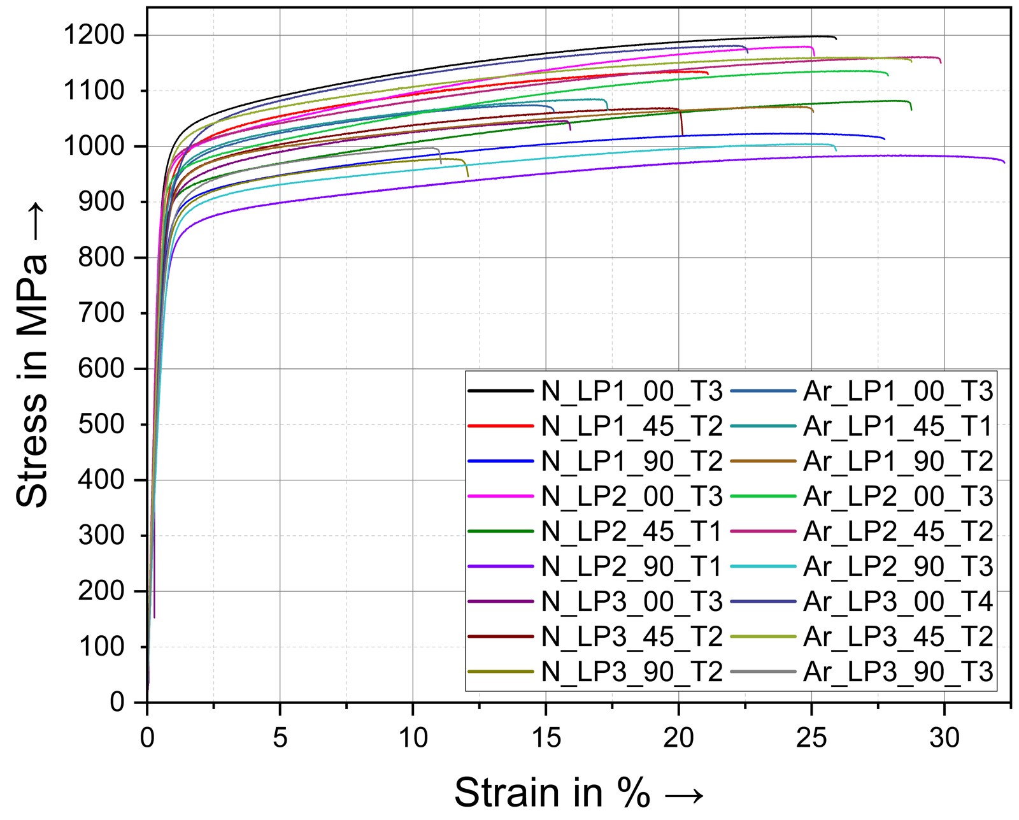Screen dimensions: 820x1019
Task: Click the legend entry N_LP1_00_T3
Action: (x=632, y=391)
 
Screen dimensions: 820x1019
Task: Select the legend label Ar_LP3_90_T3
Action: (x=898, y=672)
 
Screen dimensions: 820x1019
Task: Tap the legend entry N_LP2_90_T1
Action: (x=632, y=566)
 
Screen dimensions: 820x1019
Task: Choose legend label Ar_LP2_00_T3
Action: (x=898, y=496)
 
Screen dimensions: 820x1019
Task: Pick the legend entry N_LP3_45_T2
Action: (x=632, y=637)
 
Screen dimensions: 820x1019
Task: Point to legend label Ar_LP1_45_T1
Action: (x=898, y=426)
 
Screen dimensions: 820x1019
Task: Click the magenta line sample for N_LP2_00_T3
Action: (x=500, y=496)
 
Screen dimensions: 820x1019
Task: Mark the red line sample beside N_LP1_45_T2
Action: (x=500, y=426)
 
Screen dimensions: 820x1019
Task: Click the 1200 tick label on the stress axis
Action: (x=94, y=35)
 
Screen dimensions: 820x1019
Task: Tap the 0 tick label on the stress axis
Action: (x=117, y=702)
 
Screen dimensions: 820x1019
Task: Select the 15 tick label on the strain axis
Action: (x=546, y=738)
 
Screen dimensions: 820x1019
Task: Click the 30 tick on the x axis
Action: (x=944, y=738)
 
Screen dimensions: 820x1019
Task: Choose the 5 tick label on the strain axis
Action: (x=280, y=738)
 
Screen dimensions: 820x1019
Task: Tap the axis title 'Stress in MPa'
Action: (x=32, y=355)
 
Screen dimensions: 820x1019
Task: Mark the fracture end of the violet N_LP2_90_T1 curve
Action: (x=1004, y=162)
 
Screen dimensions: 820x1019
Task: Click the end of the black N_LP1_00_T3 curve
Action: (x=836, y=38)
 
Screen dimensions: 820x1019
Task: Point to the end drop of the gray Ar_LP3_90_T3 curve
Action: (x=440, y=162)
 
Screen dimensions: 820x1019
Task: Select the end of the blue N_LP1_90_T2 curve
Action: (x=884, y=139)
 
